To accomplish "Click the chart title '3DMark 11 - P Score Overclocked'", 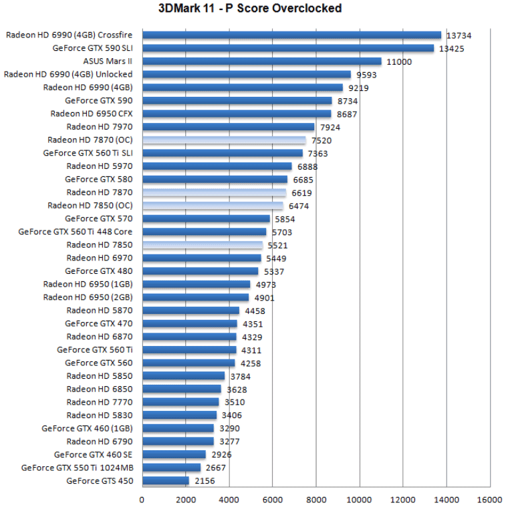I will tap(249, 9).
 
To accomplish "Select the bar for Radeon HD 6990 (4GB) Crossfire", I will tap(291, 35).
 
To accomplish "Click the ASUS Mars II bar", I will tap(261, 61).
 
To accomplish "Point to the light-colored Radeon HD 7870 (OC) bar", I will tap(223, 140).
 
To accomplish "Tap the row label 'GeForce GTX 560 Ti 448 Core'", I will tap(76, 232).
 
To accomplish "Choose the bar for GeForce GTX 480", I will tap(200, 271).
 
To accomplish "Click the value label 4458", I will tap(255, 311).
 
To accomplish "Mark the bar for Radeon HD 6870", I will tap(189, 337).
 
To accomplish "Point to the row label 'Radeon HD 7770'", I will tap(100, 402).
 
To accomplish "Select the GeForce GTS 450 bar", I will tap(165, 481).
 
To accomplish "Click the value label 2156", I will tap(205, 481).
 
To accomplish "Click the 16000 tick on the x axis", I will tap(490, 499).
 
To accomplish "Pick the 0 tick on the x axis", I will tap(142, 499).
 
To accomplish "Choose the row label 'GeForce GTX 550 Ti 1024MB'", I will tap(77, 468).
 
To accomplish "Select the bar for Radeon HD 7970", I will tap(228, 127).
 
